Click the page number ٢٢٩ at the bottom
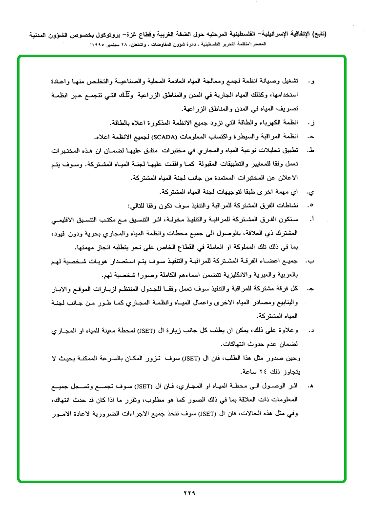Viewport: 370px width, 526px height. click(189, 493)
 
